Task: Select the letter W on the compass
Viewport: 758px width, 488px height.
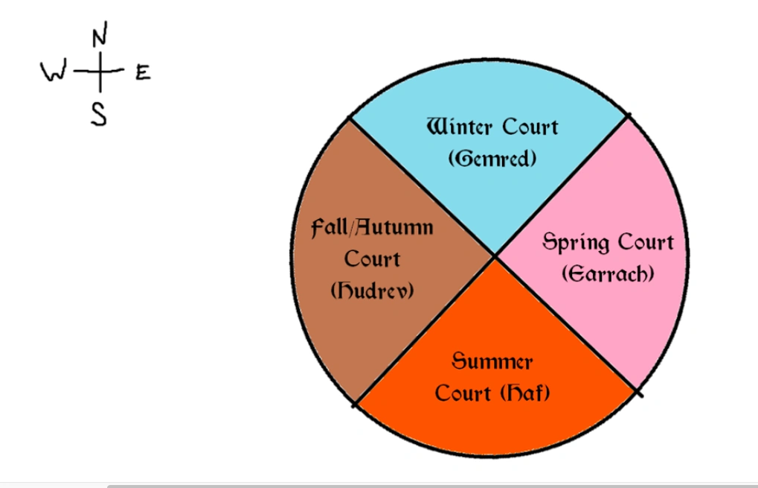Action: point(54,72)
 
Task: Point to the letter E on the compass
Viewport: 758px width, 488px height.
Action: point(143,72)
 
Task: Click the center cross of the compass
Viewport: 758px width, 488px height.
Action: point(99,72)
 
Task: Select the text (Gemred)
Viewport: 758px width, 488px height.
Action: point(492,159)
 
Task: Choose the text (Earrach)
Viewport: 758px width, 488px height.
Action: point(608,274)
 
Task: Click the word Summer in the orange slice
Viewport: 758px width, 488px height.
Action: point(492,361)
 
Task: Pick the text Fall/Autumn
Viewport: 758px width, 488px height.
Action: point(372,227)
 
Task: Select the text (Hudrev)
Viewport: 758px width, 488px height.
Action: point(372,291)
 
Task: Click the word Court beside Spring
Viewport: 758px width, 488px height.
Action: point(643,242)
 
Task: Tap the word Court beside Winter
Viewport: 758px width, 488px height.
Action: point(530,127)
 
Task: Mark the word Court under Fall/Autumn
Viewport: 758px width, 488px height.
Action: point(372,259)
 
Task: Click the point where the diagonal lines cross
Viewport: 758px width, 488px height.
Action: point(495,256)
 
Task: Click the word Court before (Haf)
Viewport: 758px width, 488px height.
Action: point(463,393)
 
